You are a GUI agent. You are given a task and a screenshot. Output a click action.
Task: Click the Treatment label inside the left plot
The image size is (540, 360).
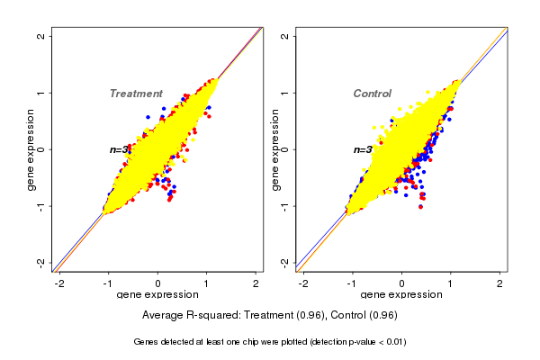point(136,94)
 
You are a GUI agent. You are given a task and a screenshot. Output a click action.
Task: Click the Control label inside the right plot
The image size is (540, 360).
point(372,94)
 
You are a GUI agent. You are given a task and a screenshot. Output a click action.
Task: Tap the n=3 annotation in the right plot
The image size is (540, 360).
point(363,150)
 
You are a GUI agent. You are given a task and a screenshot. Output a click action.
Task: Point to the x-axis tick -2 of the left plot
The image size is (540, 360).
point(59,284)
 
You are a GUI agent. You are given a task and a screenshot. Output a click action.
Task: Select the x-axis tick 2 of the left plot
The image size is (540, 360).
point(256,284)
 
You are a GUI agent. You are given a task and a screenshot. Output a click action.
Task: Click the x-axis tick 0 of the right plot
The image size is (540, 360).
point(401,284)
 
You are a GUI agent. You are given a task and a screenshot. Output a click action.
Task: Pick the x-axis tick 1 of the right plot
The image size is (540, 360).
point(451,284)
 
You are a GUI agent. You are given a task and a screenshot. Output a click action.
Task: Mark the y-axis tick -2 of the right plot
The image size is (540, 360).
point(285,262)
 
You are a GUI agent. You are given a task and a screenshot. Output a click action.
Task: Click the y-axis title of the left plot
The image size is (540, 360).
point(31,149)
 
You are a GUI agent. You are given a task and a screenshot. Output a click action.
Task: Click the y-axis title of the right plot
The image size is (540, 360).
point(274,149)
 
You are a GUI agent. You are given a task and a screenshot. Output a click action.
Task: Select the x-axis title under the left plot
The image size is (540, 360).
point(157,295)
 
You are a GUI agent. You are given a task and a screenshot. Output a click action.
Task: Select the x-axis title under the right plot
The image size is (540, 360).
point(401,295)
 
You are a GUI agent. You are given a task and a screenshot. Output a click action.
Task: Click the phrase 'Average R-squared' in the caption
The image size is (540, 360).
point(187,315)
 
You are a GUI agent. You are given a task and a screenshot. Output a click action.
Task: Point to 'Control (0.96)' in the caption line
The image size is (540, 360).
point(364,315)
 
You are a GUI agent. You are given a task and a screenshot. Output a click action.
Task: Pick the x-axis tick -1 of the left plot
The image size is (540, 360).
point(109,284)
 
